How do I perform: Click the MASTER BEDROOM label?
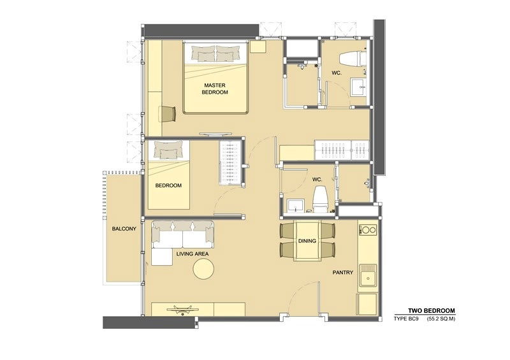215,89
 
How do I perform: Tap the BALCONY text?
124,229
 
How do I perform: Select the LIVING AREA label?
193,254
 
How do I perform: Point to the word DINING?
309,241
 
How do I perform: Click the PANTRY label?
342,272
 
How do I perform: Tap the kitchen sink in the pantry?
367,278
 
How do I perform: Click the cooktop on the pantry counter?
368,229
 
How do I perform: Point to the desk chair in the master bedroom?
168,113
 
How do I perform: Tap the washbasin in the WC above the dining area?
295,205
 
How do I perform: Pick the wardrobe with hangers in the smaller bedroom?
229,164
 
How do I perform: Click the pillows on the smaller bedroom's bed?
170,150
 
